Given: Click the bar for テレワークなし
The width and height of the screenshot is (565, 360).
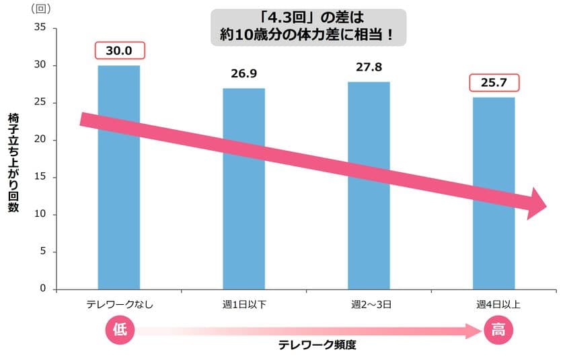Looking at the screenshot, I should (119, 222).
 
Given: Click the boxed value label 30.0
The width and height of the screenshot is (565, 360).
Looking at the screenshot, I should (120, 51).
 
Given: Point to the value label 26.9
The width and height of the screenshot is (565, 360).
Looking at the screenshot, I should (243, 73).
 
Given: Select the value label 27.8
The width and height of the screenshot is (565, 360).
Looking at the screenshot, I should (369, 66).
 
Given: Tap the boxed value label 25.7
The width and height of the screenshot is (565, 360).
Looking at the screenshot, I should (494, 83).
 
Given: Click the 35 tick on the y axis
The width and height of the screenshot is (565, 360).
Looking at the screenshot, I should (40, 28).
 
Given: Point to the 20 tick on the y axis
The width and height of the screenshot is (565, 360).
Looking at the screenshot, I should (40, 140).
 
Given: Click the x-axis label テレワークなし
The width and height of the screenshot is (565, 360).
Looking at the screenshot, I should (120, 305).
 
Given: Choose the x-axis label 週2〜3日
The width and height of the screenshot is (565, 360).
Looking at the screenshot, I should (369, 305).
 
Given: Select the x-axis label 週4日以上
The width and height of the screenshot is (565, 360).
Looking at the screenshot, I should (494, 305).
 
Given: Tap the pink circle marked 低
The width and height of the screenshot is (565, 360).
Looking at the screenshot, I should (120, 330).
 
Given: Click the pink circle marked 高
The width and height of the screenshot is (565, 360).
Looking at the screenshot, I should (498, 330).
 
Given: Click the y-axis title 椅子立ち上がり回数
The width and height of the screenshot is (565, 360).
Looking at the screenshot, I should (13, 162).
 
